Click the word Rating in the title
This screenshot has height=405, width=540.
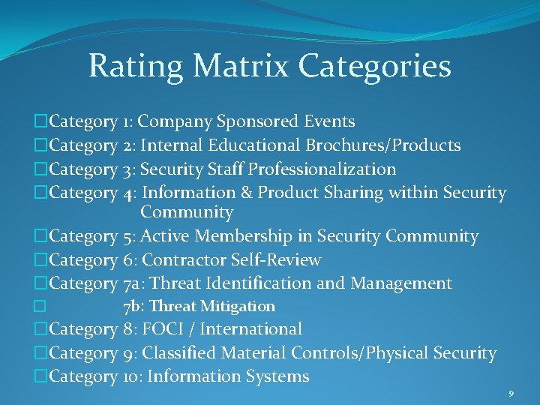coord(137,66)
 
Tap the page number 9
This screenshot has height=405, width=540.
coord(511,393)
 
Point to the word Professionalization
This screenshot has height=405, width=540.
coord(322,169)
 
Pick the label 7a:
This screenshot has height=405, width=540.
coord(136,283)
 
